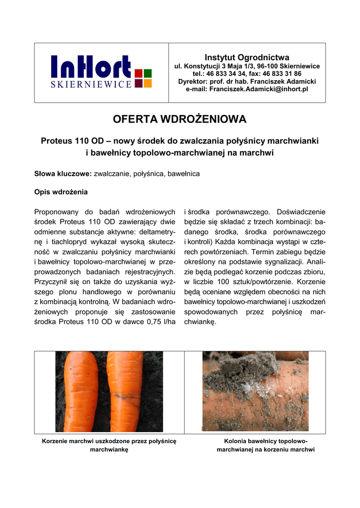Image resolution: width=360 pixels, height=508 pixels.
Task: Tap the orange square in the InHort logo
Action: tap(147, 83)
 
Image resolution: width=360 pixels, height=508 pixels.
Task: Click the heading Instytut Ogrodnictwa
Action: tap(247, 58)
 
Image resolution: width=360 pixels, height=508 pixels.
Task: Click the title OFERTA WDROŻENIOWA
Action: tap(180, 120)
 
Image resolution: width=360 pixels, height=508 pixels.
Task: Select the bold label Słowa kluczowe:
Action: tap(63, 174)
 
